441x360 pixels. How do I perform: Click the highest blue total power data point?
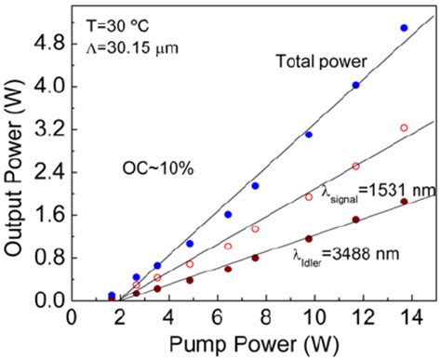tap(403, 28)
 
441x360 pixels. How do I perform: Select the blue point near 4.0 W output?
tap(355, 85)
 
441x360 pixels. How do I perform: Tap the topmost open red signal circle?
tap(403, 127)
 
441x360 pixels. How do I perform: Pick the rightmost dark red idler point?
tap(403, 201)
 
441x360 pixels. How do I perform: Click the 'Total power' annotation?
tap(323, 61)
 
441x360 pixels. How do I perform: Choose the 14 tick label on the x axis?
tap(403, 317)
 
